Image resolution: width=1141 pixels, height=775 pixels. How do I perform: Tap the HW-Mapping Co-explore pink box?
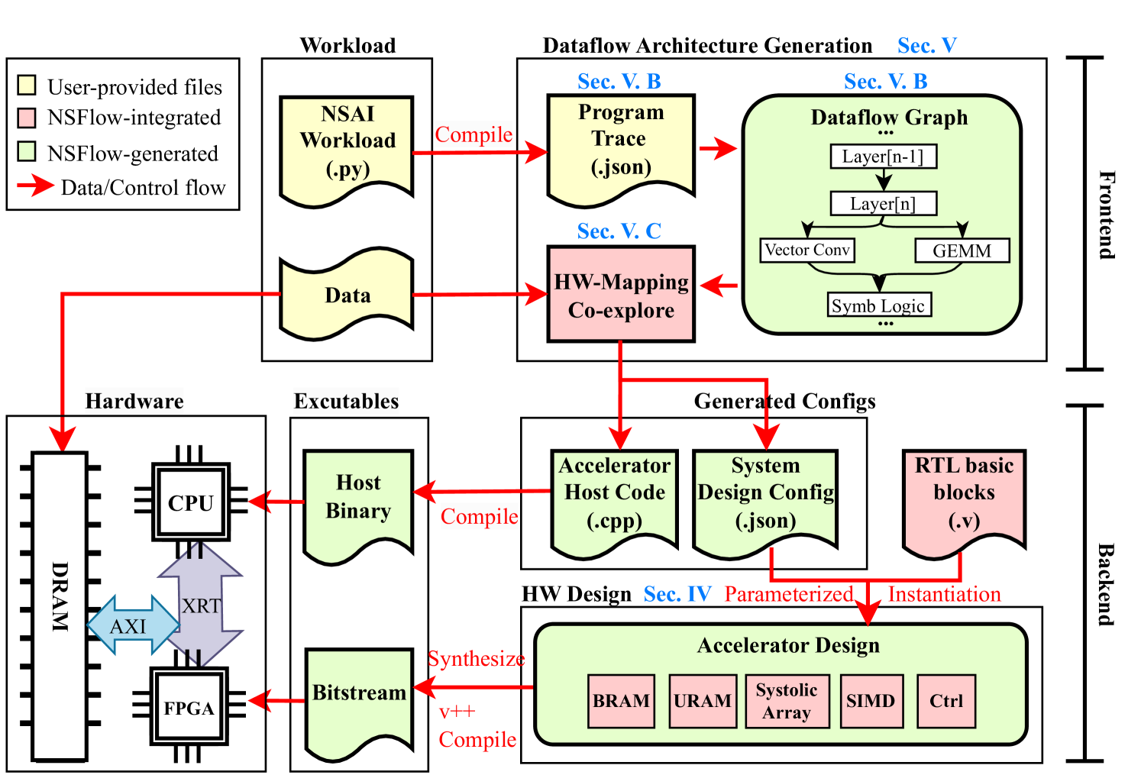(x=620, y=295)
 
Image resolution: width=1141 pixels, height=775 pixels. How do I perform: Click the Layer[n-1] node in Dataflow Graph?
(x=883, y=157)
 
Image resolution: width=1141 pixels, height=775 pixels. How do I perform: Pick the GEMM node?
(x=962, y=250)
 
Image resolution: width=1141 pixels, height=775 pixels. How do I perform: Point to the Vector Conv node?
(x=806, y=250)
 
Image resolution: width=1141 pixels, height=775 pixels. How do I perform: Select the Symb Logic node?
(x=878, y=305)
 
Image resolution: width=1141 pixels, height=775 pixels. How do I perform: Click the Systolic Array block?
(x=787, y=701)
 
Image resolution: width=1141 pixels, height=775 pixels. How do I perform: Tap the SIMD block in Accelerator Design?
(x=871, y=701)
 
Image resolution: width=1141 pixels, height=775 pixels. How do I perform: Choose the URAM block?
(x=703, y=701)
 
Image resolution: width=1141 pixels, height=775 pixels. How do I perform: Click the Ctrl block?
(x=946, y=701)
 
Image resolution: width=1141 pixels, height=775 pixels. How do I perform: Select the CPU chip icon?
(x=191, y=502)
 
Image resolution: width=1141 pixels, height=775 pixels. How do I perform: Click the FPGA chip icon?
(x=189, y=707)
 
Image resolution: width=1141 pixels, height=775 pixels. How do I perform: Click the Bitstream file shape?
(x=359, y=699)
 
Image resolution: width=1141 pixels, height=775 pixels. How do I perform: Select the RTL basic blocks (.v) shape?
(x=964, y=496)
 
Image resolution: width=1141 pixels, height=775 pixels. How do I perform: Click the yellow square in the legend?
(x=27, y=85)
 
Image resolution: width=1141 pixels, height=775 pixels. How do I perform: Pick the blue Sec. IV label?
(x=677, y=594)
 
